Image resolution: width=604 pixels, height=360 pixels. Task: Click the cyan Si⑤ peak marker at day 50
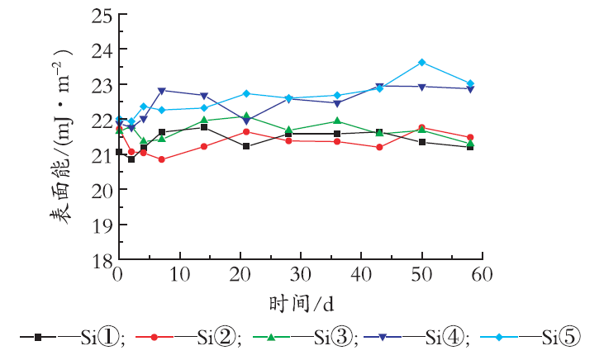tap(421, 62)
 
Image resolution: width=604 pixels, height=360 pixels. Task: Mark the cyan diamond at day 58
tap(470, 83)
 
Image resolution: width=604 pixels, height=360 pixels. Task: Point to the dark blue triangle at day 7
tap(161, 91)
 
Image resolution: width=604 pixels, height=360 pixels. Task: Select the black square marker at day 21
tap(246, 146)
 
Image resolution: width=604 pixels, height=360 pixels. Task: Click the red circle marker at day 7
tap(161, 159)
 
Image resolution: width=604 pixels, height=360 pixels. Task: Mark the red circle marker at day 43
tap(379, 147)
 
